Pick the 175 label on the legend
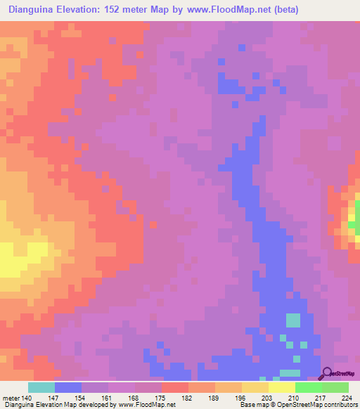(x=161, y=397)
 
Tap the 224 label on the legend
(x=348, y=397)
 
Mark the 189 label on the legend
(x=214, y=397)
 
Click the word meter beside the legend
(x=11, y=397)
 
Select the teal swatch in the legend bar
(x=41, y=387)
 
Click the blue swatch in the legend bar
(x=67, y=387)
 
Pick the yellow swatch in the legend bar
(x=281, y=387)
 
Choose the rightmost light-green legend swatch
(x=335, y=387)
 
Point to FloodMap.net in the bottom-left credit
(x=151, y=405)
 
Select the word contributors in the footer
(x=340, y=405)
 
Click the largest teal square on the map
(x=292, y=320)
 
